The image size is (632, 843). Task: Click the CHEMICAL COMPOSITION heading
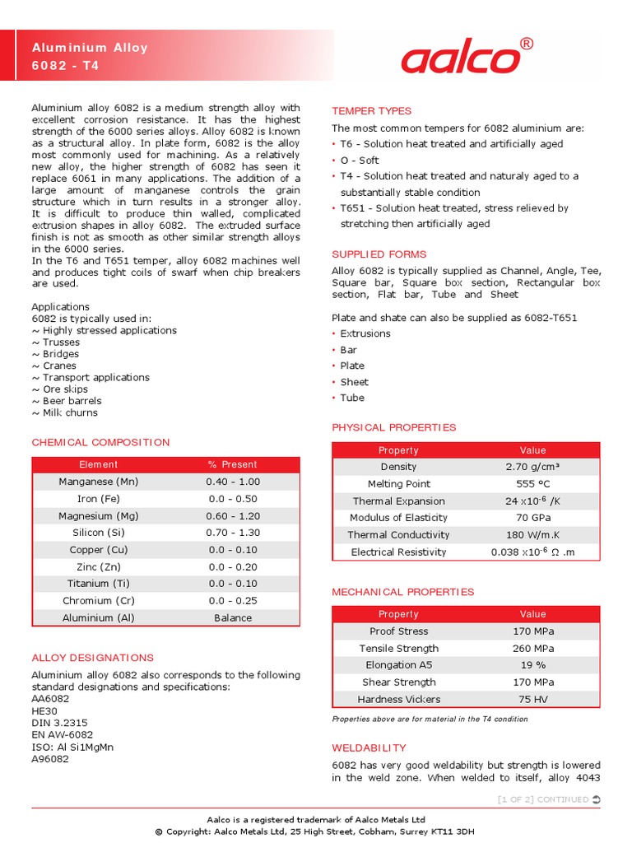point(100,442)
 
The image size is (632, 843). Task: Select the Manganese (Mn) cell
point(99,482)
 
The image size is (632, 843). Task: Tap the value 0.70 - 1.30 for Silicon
point(233,533)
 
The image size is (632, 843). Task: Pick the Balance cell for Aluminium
point(233,617)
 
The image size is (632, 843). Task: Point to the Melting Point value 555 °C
point(532,484)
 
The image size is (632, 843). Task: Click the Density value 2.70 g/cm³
point(532,467)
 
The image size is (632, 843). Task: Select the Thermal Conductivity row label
point(398,535)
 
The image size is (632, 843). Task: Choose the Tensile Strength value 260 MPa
point(532,649)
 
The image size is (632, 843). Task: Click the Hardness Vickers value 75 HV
point(532,700)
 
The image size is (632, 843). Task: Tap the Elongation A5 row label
point(398,665)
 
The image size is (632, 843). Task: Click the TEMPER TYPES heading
point(371,111)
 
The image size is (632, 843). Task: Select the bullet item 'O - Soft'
point(360,161)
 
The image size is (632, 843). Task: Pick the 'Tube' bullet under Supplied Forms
point(352,398)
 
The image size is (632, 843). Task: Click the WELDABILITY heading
point(369,748)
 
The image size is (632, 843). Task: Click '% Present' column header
point(233,464)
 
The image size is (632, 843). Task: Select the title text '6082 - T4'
point(65,65)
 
